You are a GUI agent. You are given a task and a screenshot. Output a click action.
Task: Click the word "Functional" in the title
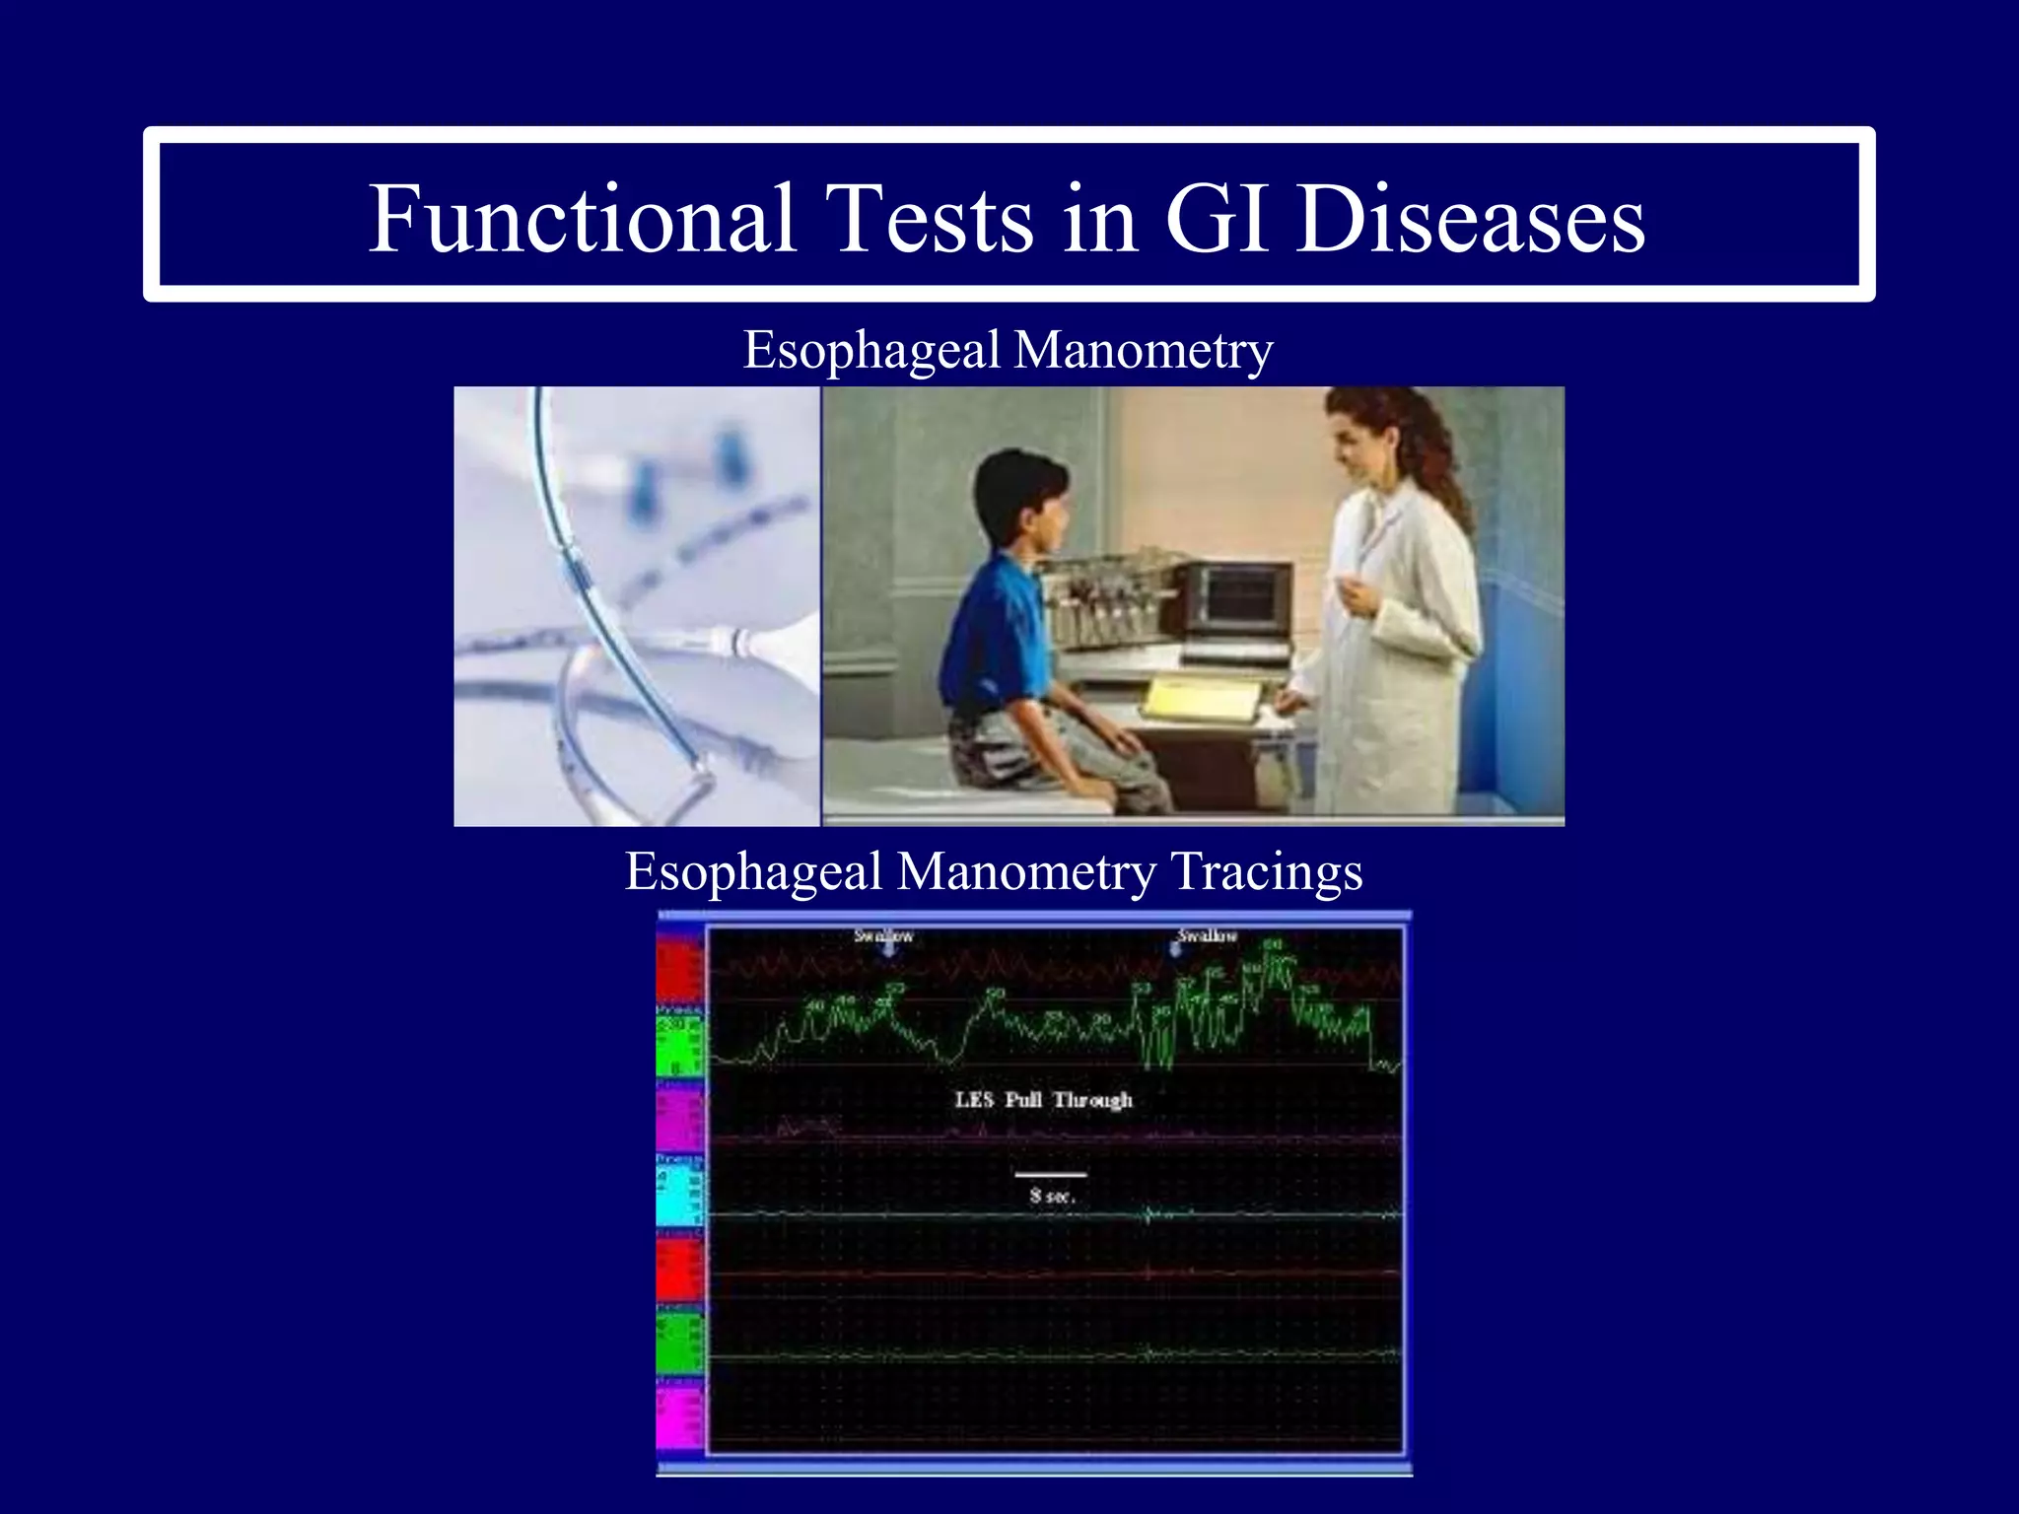pos(582,219)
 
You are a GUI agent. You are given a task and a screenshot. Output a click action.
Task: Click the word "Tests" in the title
pos(929,219)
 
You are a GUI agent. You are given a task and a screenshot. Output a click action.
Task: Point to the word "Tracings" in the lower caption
pos(1267,871)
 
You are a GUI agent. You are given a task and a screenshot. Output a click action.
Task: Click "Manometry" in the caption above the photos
pos(1144,350)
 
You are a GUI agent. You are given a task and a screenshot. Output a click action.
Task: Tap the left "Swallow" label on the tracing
pos(883,935)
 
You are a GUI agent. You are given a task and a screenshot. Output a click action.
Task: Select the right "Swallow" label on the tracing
pos(1207,935)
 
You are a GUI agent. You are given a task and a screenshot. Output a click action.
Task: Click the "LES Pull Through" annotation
pos(1043,1099)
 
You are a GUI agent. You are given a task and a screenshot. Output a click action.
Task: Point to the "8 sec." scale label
pos(1051,1196)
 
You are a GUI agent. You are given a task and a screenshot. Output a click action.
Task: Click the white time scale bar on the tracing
pos(1051,1175)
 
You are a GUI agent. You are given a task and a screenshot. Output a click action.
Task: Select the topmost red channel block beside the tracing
pos(680,971)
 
